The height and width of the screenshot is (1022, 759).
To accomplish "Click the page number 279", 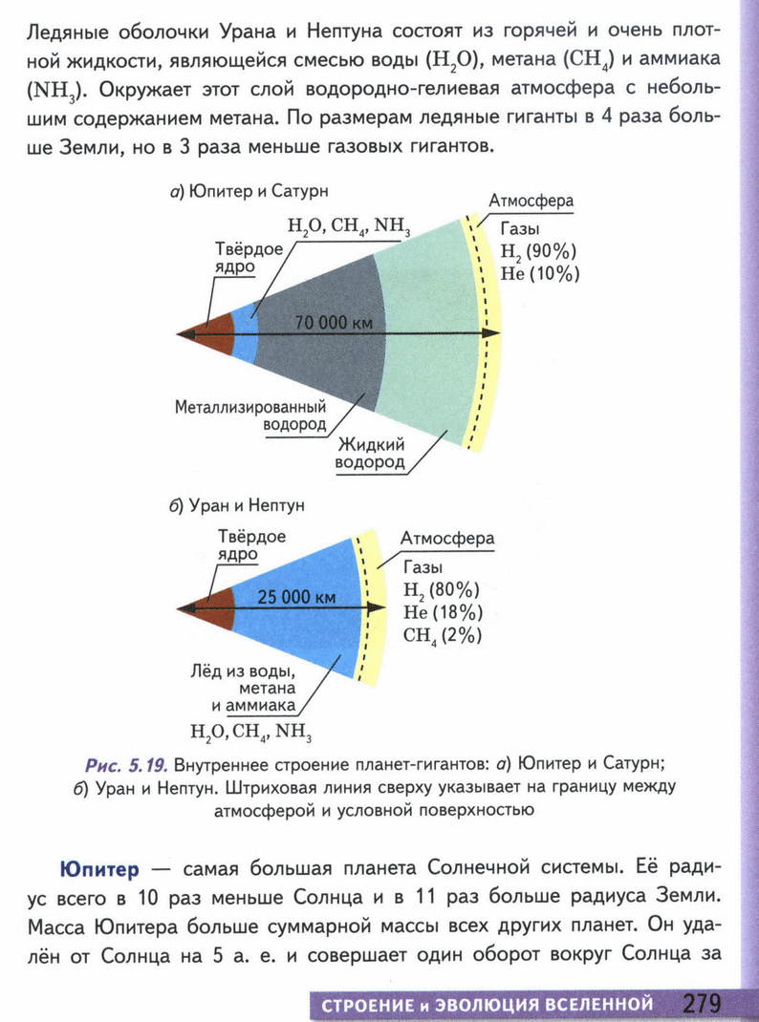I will (702, 1003).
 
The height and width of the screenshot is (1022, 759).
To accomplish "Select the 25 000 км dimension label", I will (297, 598).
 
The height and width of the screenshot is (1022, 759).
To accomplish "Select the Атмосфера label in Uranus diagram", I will (446, 539).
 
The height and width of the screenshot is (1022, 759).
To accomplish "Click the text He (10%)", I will (541, 274).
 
